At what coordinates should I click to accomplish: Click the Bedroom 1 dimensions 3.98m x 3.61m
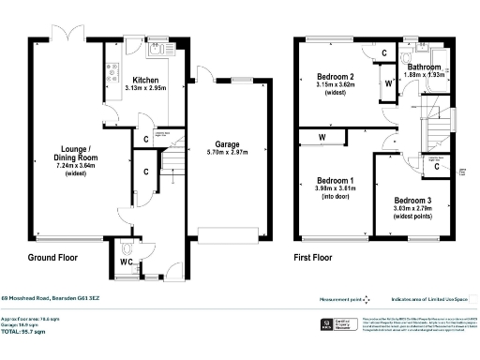tap(336, 187)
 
